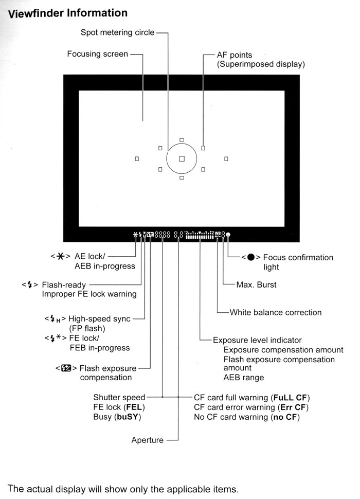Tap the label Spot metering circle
click(x=117, y=32)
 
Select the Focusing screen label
click(x=98, y=54)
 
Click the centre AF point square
click(x=182, y=159)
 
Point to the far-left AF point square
click(x=137, y=159)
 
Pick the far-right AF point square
click(x=226, y=159)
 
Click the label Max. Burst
click(x=256, y=284)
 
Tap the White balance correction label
click(x=275, y=312)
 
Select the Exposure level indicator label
click(x=257, y=340)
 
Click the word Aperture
click(x=148, y=440)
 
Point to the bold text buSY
click(x=128, y=417)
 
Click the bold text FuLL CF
click(x=292, y=398)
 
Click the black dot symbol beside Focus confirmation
click(x=251, y=258)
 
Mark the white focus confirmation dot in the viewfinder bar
click(x=228, y=235)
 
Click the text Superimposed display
click(x=261, y=64)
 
